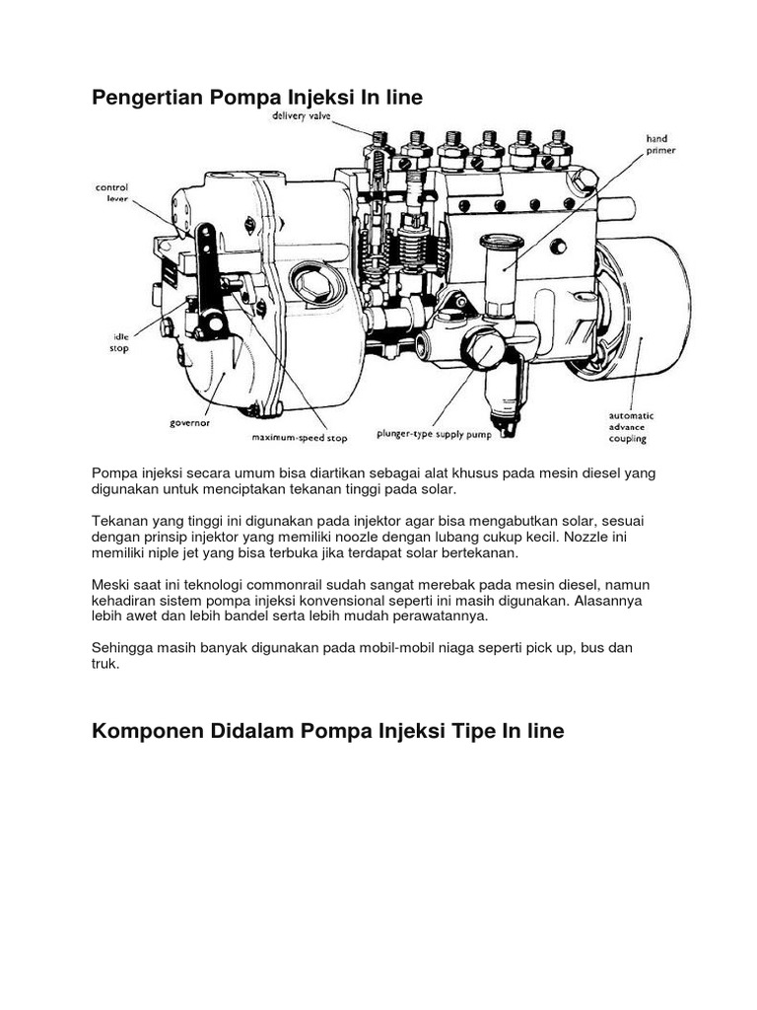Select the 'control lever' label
click(x=110, y=192)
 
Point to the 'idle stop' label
click(x=118, y=342)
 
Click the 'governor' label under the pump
click(x=191, y=422)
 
